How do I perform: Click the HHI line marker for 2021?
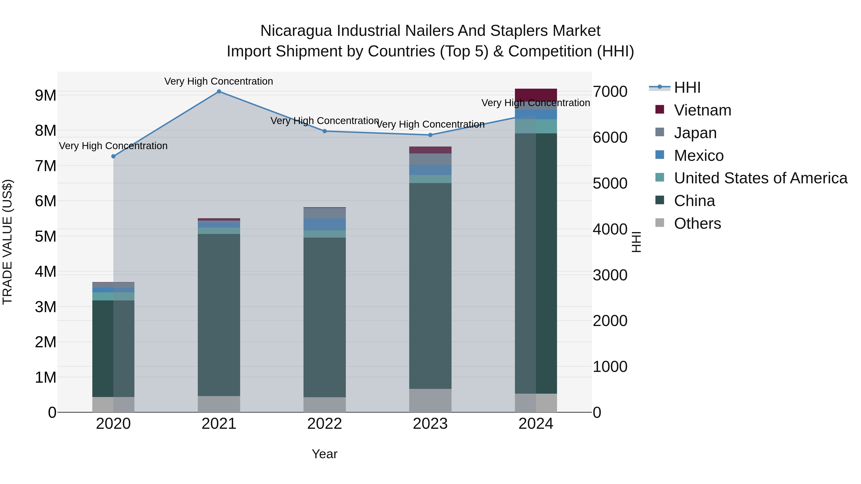[219, 92]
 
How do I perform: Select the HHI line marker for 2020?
[113, 156]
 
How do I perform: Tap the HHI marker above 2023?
[430, 135]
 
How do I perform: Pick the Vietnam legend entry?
[702, 110]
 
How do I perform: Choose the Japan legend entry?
[695, 133]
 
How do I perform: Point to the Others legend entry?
[697, 223]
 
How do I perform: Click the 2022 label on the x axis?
[324, 424]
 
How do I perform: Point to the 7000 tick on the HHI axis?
[610, 92]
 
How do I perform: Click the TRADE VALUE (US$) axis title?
[8, 242]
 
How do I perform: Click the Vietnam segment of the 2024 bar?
[536, 95]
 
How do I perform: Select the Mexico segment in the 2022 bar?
[324, 224]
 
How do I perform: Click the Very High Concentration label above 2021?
[219, 82]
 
